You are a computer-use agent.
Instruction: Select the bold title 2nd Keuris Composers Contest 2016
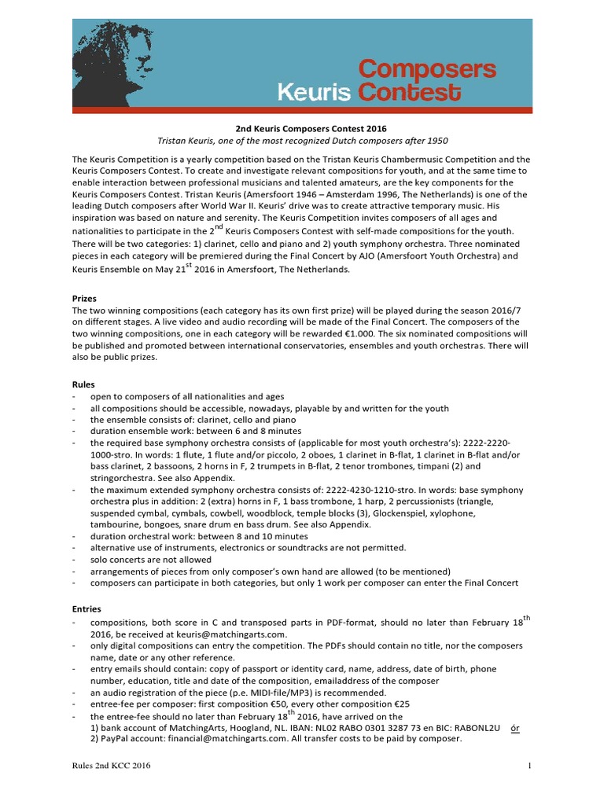[302, 128]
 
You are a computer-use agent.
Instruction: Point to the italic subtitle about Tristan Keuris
[302, 141]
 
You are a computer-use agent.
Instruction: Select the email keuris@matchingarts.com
[213, 634]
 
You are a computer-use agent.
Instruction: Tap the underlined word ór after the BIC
[515, 728]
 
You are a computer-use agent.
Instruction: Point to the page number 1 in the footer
[529, 765]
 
